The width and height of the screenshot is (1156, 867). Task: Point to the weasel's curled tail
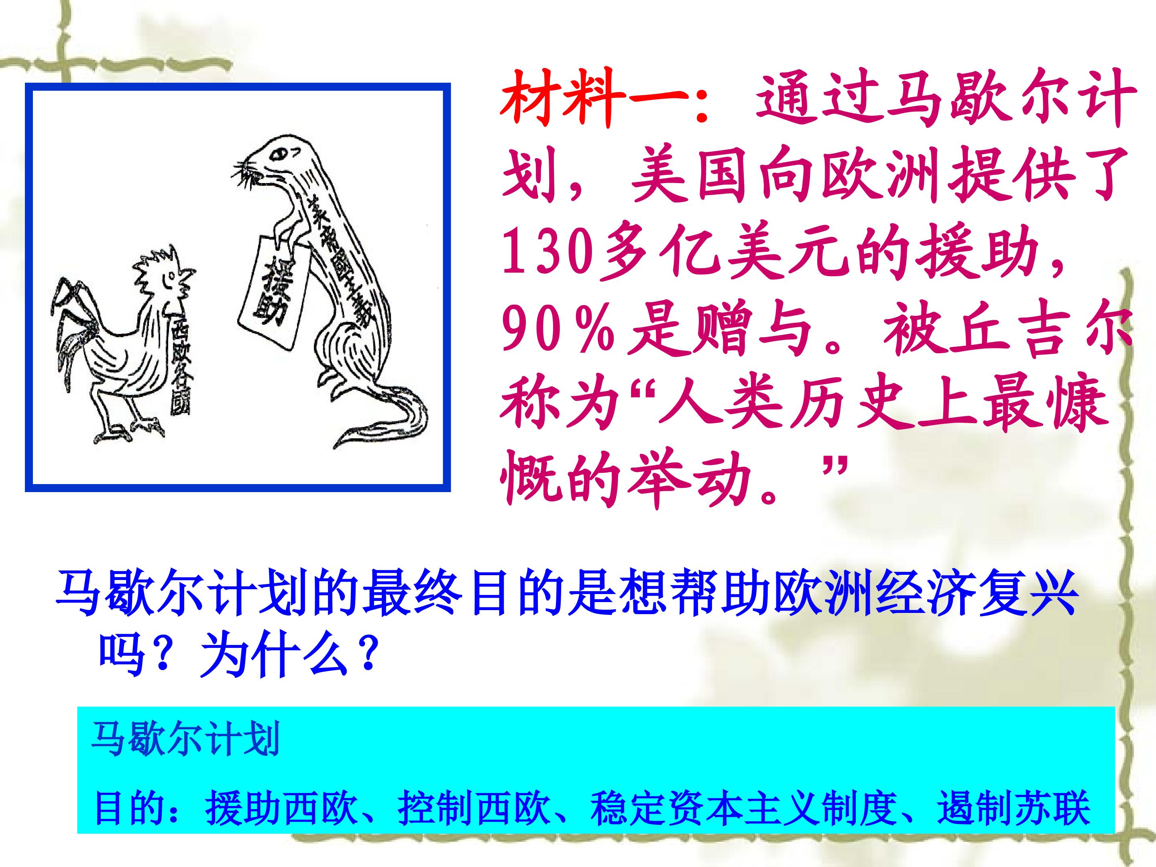pyautogui.click(x=387, y=423)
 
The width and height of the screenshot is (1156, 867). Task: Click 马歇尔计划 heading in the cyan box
pyautogui.click(x=185, y=739)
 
